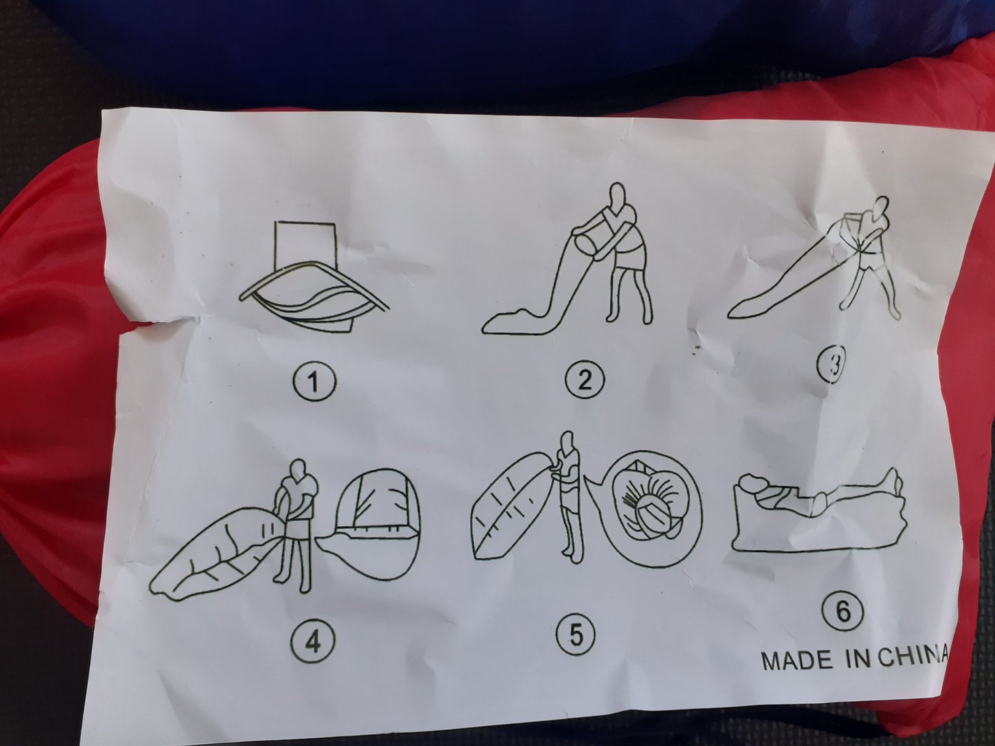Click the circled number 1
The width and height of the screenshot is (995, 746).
(x=313, y=382)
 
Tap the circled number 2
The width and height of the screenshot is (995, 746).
(x=585, y=379)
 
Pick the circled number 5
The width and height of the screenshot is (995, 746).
(x=576, y=635)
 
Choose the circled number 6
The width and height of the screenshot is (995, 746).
(x=843, y=612)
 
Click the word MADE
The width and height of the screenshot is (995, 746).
(x=797, y=661)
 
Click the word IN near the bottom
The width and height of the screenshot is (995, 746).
(x=858, y=658)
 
